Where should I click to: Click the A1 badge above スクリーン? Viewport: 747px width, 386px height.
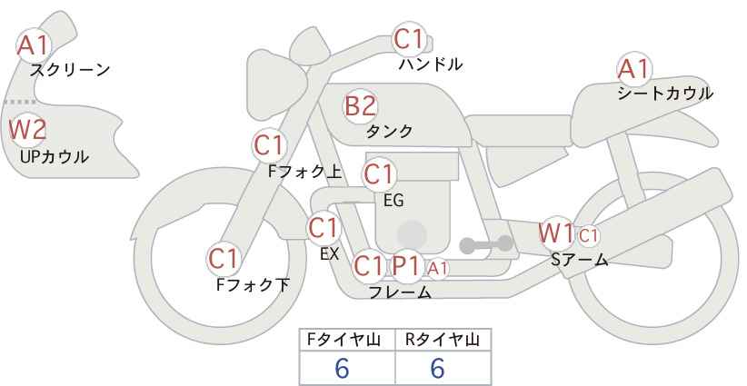35,44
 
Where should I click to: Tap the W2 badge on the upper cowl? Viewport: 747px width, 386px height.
27,129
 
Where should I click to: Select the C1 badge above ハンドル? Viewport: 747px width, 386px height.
409,39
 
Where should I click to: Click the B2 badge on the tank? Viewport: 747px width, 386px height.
360,105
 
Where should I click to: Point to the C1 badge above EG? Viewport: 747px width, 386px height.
379,173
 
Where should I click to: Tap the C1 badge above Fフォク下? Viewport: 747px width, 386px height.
224,258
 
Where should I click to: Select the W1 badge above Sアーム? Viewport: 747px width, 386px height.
555,233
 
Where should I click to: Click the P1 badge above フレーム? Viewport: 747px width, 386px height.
405,266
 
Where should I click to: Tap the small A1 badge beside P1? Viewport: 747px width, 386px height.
437,267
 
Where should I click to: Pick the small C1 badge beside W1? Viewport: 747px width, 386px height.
589,235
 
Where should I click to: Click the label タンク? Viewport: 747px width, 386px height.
389,132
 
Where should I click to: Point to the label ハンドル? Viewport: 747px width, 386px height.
431,64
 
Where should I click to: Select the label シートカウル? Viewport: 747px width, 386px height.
664,94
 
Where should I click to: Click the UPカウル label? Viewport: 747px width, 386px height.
54,156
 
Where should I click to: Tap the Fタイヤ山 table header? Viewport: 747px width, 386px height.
348,340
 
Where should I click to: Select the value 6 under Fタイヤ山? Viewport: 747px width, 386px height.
342,368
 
